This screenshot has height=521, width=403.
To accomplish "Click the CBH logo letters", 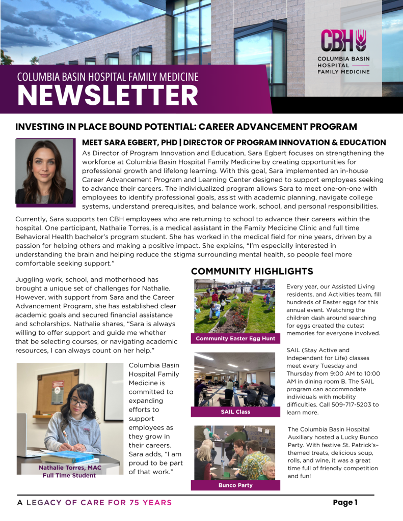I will tap(343, 40).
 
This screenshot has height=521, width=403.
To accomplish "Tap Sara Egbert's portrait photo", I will tap(45, 171).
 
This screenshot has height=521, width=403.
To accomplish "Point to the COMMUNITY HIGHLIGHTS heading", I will tap(252, 271).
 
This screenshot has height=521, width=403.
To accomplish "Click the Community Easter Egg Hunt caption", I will tap(235, 338).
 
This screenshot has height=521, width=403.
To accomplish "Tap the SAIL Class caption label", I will tap(235, 412).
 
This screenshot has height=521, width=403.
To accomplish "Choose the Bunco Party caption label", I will tap(235, 485).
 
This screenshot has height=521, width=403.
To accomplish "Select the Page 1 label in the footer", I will tap(345, 502).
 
